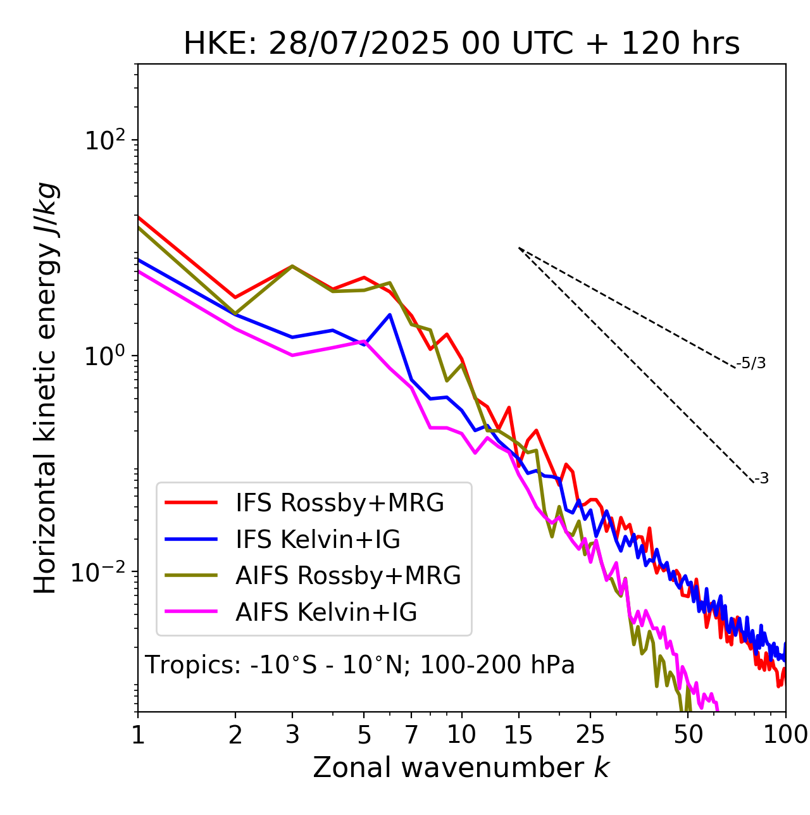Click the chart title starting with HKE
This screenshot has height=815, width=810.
coord(461,44)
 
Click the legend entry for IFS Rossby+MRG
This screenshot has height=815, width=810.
coord(339,503)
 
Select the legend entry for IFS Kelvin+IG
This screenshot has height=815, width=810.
coord(318,539)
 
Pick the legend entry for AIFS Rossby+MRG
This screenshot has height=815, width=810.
coord(347,575)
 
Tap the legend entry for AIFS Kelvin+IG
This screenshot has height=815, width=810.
coord(326,612)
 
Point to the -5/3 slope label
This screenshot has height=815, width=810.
coord(751,363)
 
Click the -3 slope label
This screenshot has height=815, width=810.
coord(761,479)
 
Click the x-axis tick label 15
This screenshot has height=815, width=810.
coord(518,735)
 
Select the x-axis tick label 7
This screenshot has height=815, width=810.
coord(411,735)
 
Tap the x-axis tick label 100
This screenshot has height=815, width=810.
coord(786,735)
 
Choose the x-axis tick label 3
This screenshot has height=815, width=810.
coord(292,735)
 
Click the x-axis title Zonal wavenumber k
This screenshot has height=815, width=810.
coord(461,768)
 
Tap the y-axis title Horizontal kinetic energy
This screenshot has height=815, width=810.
coord(46,388)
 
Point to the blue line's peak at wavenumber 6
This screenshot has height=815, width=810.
coord(390,314)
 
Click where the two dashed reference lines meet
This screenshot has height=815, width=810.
coord(519,248)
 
